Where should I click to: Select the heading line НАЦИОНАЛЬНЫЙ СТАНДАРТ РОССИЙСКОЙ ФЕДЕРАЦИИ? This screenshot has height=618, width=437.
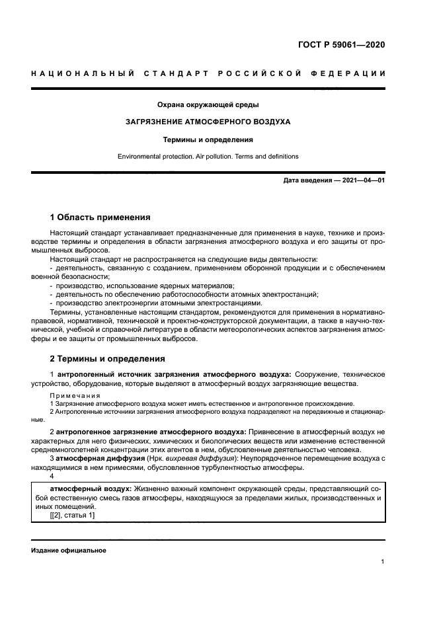click(208, 73)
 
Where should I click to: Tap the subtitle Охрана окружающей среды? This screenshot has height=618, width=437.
click(208, 104)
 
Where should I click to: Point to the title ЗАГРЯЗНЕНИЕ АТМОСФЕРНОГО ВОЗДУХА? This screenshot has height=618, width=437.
click(208, 122)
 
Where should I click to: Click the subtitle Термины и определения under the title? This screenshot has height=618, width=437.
click(208, 139)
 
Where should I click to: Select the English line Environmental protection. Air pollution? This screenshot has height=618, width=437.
click(208, 157)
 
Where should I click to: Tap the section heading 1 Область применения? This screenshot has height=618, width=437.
click(100, 217)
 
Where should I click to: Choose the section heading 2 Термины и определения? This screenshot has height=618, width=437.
click(107, 359)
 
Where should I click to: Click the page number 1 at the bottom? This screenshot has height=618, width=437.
click(383, 562)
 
